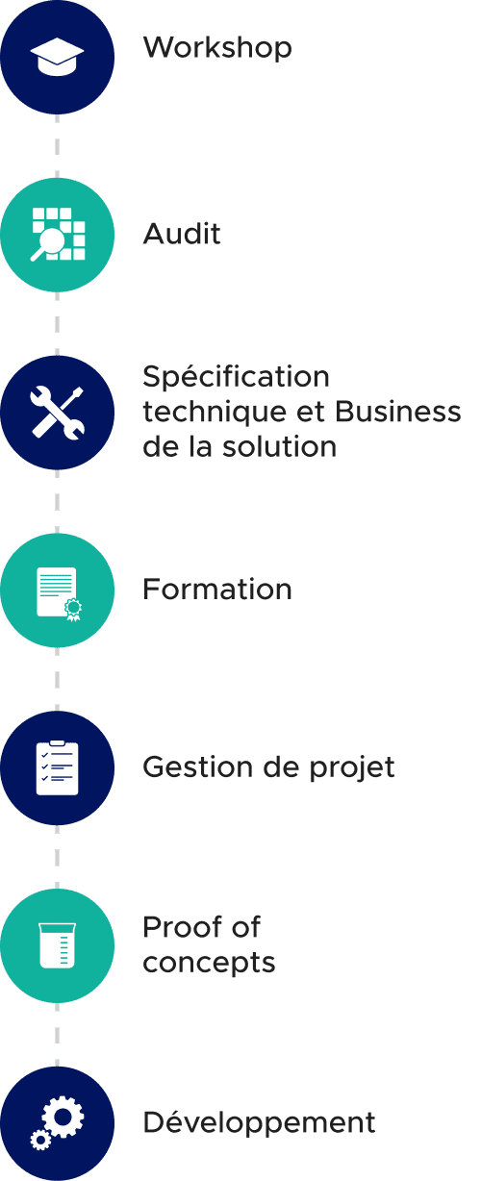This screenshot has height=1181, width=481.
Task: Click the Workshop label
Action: pyautogui.click(x=217, y=48)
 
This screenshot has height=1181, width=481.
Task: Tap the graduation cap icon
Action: pyautogui.click(x=57, y=57)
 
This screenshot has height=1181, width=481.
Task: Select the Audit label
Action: pyautogui.click(x=182, y=234)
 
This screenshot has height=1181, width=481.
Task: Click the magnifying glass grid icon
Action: pyautogui.click(x=58, y=235)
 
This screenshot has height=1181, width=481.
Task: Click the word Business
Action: pyautogui.click(x=398, y=412)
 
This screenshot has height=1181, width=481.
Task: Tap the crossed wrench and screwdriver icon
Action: pyautogui.click(x=57, y=413)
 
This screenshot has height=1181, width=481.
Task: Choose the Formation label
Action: pyautogui.click(x=217, y=589)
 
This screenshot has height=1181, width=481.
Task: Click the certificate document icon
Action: pyautogui.click(x=59, y=593)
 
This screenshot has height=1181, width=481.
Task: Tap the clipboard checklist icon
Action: pyautogui.click(x=58, y=767)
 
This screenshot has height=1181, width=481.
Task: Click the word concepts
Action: pyautogui.click(x=209, y=964)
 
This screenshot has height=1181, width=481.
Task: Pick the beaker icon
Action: pyautogui.click(x=58, y=945)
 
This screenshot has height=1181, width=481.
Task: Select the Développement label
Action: pyautogui.click(x=259, y=1122)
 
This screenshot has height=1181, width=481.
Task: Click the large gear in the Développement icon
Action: pyautogui.click(x=63, y=1117)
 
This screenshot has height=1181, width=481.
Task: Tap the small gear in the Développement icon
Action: pyautogui.click(x=40, y=1141)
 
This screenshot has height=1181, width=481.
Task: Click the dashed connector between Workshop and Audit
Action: pyautogui.click(x=57, y=146)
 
